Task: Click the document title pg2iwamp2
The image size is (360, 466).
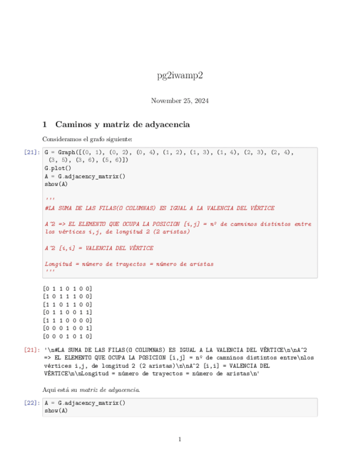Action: point(180,75)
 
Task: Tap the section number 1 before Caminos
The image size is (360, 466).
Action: point(45,125)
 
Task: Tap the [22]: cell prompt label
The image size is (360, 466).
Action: point(32,402)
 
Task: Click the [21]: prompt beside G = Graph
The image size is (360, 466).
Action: point(32,152)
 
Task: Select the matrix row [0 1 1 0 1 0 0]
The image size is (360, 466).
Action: point(68,288)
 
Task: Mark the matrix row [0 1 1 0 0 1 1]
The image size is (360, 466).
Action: point(68,312)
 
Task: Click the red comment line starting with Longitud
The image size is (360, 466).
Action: point(129,264)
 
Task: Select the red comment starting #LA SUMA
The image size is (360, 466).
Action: point(159,208)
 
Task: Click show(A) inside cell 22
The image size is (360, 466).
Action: point(56,410)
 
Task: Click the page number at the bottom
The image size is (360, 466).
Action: point(180,440)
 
